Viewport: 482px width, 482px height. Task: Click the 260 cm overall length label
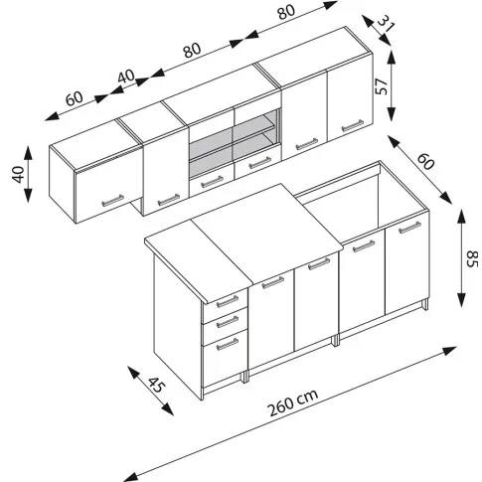coord(293,402)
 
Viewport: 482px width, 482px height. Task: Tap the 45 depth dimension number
coord(155,385)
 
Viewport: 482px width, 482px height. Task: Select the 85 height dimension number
coord(472,259)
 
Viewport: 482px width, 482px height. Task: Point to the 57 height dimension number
coord(382,86)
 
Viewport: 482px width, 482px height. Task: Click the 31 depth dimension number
coord(387,23)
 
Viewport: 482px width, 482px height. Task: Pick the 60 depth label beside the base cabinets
coord(425,161)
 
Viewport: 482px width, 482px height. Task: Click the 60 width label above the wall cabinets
coord(75,98)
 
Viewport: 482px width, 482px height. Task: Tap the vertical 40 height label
coord(19,174)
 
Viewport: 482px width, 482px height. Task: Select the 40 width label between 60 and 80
coord(126,77)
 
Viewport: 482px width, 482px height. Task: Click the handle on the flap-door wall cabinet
coord(112,201)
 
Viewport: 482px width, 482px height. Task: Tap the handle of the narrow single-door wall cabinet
coord(168,200)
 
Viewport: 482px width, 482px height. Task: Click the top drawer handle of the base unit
coord(228,301)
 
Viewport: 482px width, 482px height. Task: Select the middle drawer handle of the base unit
coord(228,322)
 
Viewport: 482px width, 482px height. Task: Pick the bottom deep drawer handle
coord(228,345)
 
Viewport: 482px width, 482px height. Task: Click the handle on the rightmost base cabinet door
coord(409,228)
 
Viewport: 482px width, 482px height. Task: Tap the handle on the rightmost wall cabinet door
coord(353,125)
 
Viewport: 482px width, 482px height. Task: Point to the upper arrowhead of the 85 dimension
coord(461,215)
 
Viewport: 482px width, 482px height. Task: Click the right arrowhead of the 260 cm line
coord(449,350)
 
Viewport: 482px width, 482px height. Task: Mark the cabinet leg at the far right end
coord(424,305)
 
